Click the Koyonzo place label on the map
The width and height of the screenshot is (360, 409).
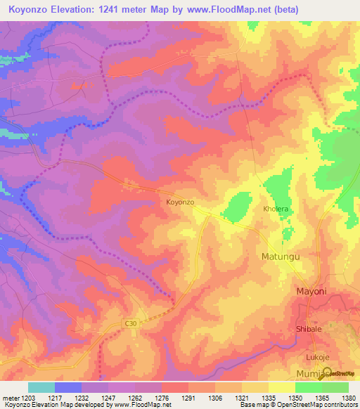179,202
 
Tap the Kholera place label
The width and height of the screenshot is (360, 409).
276,209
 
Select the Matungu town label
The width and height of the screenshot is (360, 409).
281,257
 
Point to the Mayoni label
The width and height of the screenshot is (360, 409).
310,291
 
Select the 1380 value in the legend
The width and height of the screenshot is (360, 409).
348,398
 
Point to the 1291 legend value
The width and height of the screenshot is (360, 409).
188,398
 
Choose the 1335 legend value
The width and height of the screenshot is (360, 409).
268,398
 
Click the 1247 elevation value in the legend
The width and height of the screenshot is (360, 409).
108,398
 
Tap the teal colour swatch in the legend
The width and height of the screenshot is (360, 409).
41,387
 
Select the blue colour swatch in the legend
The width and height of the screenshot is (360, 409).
67,387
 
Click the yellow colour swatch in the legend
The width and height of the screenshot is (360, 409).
281,387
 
